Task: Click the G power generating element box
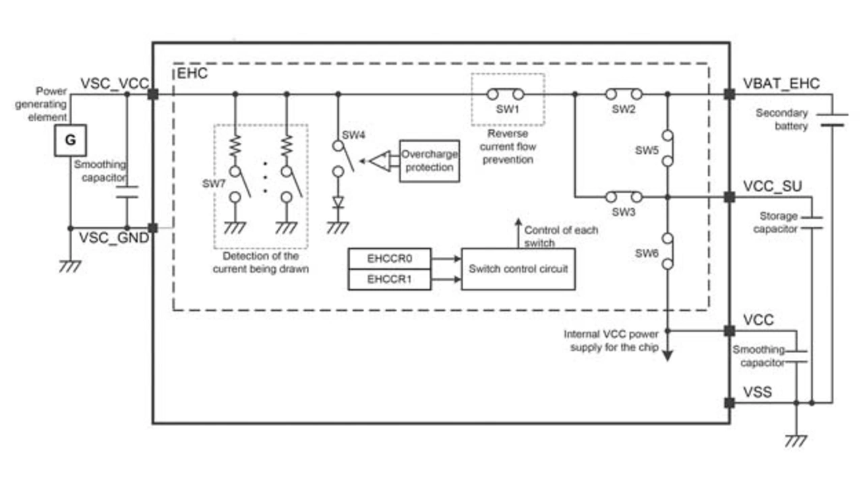click(70, 141)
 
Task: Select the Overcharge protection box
click(429, 160)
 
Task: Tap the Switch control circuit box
click(518, 269)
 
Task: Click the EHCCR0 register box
click(389, 258)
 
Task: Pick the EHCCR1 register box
click(389, 279)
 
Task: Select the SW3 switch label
click(624, 212)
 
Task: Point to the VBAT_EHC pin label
click(781, 84)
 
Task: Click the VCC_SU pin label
click(772, 186)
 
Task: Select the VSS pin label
click(757, 392)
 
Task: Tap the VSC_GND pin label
click(114, 237)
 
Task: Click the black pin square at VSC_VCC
click(153, 94)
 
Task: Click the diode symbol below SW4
click(337, 202)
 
